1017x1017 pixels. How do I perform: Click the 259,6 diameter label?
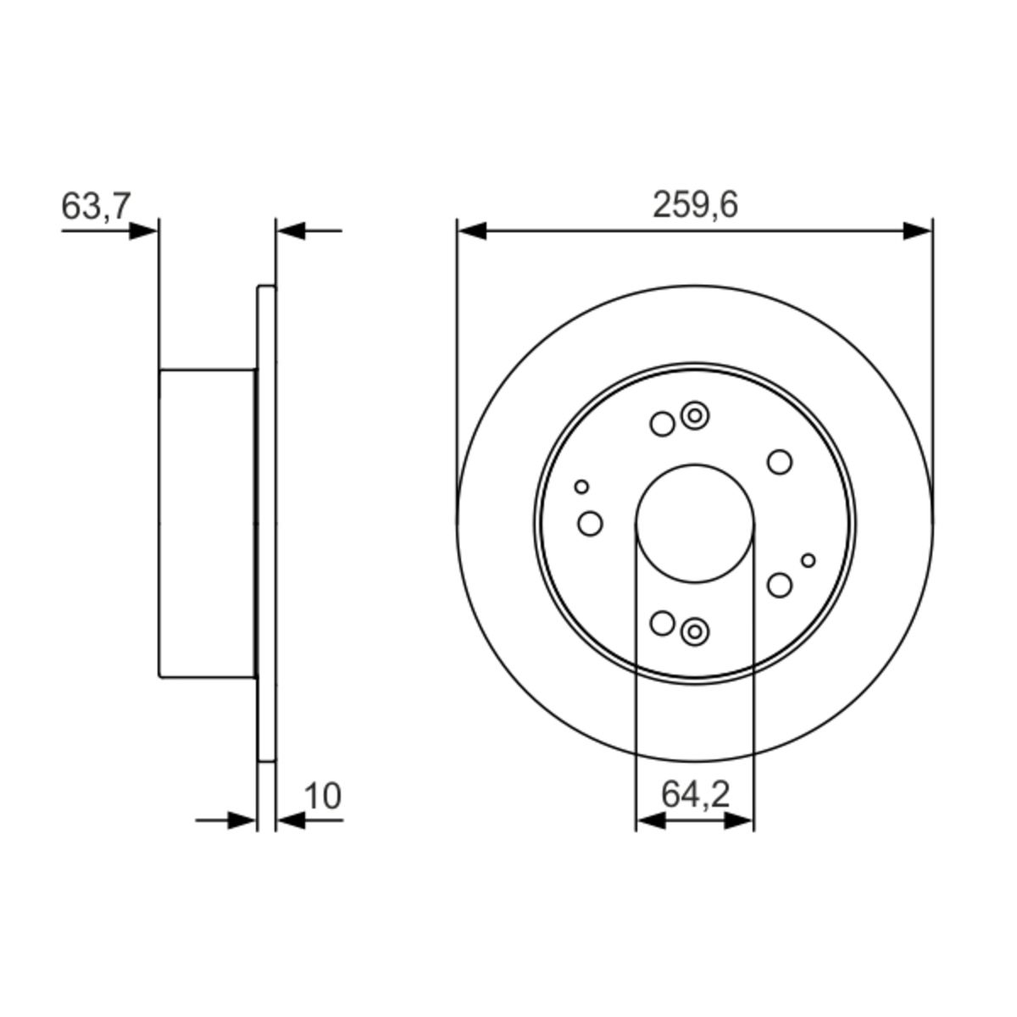coord(695,205)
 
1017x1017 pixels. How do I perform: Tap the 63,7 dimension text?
coord(96,206)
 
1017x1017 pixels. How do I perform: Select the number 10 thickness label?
coord(322,797)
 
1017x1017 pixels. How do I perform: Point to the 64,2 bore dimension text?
coord(695,795)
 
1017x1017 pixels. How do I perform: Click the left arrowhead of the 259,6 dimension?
coord(472,231)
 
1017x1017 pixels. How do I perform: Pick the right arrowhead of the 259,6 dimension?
coord(917,231)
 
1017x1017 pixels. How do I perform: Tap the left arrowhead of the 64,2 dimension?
coord(650,820)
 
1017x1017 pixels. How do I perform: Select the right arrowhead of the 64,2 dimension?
coord(738,820)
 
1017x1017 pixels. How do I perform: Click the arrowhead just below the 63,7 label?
coord(142,230)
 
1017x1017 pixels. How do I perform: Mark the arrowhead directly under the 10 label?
coord(292,820)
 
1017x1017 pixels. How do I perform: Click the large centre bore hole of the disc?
coord(694,523)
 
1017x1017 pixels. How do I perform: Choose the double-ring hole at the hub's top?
coord(695,415)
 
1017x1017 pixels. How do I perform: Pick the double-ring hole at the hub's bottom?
coord(695,631)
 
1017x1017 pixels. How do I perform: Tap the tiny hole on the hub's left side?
coord(581,486)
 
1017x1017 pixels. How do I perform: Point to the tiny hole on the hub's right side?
coord(809,560)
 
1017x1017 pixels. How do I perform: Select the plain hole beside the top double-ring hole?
coord(662,424)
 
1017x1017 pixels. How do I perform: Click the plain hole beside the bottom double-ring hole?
coord(662,623)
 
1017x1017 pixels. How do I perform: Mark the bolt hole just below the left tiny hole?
coord(590,524)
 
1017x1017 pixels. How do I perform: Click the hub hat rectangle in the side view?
coord(207,523)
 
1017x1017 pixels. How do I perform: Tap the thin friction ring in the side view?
coord(266,523)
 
